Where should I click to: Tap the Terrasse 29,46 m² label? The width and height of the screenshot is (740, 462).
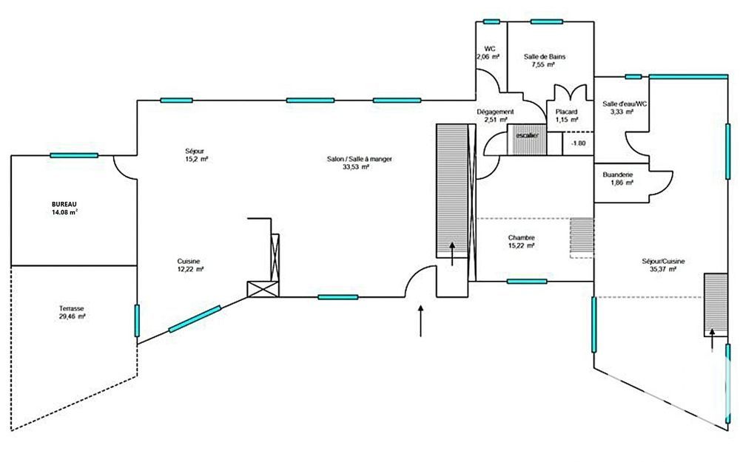click(x=72, y=311)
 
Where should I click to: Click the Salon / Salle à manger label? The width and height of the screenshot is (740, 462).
click(x=348, y=163)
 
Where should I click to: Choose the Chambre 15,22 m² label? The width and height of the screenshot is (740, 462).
click(x=521, y=242)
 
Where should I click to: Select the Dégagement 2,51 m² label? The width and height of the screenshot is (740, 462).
click(x=494, y=115)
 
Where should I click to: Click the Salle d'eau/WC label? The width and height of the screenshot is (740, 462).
click(x=625, y=108)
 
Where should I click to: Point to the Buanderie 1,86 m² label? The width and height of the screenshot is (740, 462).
click(x=617, y=178)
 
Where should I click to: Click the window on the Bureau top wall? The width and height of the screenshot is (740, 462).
click(x=74, y=155)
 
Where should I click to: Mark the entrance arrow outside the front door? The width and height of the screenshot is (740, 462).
click(x=420, y=321)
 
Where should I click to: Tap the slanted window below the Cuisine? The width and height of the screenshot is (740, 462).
click(x=194, y=319)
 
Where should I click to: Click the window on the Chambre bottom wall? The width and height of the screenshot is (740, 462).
click(x=527, y=282)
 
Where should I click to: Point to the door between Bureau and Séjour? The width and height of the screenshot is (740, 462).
click(x=124, y=167)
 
